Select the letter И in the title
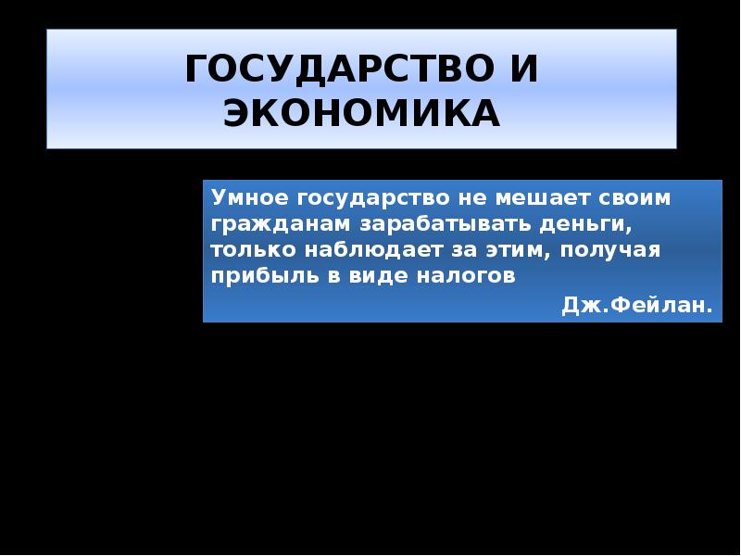523,69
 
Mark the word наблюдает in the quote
360,250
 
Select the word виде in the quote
368,276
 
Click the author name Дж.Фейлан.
637,306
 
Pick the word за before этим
457,250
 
